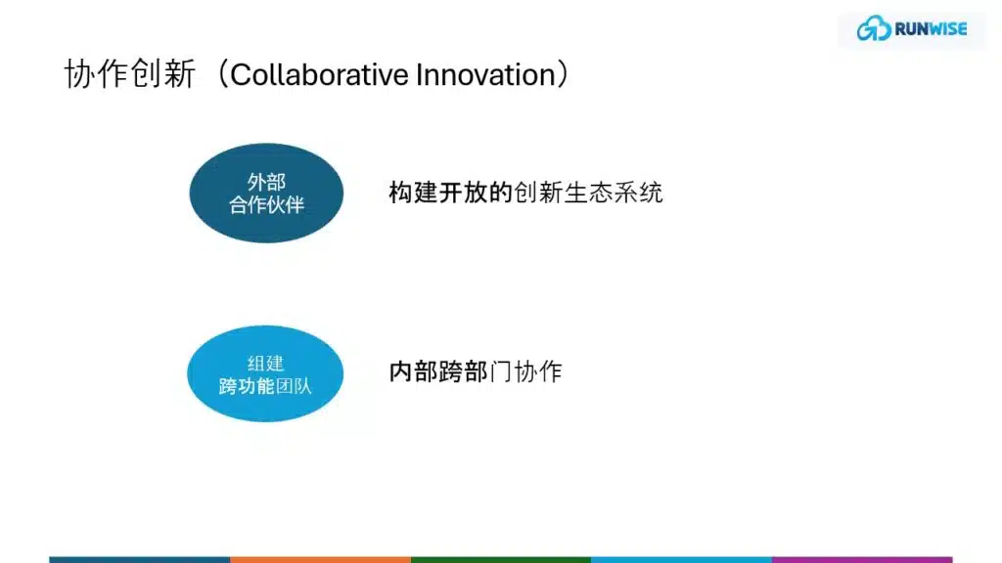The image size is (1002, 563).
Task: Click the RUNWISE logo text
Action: (x=932, y=28)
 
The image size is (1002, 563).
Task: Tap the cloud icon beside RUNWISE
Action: (x=874, y=28)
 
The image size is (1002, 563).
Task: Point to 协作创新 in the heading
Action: (x=130, y=74)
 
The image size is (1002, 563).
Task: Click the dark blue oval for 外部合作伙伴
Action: (x=266, y=193)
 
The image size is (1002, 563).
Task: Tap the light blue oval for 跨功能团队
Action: (x=265, y=373)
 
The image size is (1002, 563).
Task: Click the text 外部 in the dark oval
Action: (x=266, y=182)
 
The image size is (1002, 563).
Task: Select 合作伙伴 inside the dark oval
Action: (x=266, y=204)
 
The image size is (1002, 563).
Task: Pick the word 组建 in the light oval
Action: (x=265, y=364)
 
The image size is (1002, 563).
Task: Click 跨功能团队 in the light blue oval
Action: (x=265, y=385)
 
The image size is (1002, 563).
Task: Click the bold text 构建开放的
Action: (x=450, y=193)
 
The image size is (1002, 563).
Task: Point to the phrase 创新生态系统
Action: (x=588, y=193)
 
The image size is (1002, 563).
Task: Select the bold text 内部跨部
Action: (x=438, y=371)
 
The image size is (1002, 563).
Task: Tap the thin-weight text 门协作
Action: (x=525, y=371)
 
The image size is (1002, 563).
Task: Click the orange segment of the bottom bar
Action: (x=320, y=560)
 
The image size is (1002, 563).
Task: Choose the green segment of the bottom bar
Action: (x=501, y=560)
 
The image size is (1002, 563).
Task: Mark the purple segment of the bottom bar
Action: (x=862, y=560)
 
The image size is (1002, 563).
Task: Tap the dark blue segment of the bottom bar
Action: (x=139, y=560)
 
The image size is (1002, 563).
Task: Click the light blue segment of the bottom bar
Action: (x=681, y=560)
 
